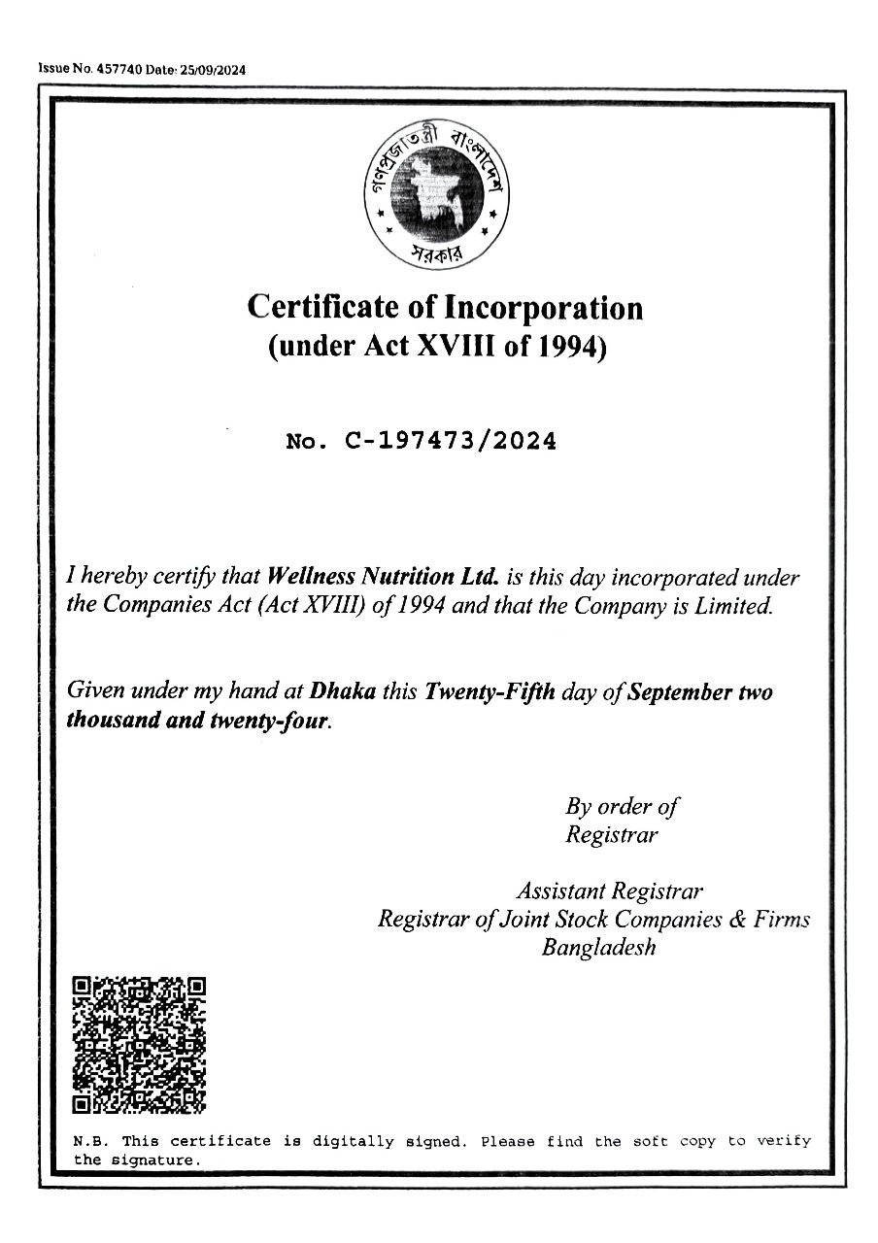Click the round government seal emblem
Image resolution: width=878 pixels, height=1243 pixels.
pyautogui.click(x=439, y=192)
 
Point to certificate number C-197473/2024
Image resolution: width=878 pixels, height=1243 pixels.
pyautogui.click(x=451, y=442)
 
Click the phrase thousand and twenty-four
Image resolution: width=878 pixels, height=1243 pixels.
pyautogui.click(x=198, y=722)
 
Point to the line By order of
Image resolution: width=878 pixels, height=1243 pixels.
pyautogui.click(x=622, y=806)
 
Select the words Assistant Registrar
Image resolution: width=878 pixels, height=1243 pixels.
pyautogui.click(x=610, y=890)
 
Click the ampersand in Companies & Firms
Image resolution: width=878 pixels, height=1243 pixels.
pyautogui.click(x=737, y=919)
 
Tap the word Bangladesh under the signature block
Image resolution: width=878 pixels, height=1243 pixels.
pyautogui.click(x=598, y=947)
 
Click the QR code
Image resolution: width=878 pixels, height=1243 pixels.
pyautogui.click(x=140, y=1044)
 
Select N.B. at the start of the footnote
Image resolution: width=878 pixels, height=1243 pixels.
pyautogui.click(x=91, y=1141)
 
